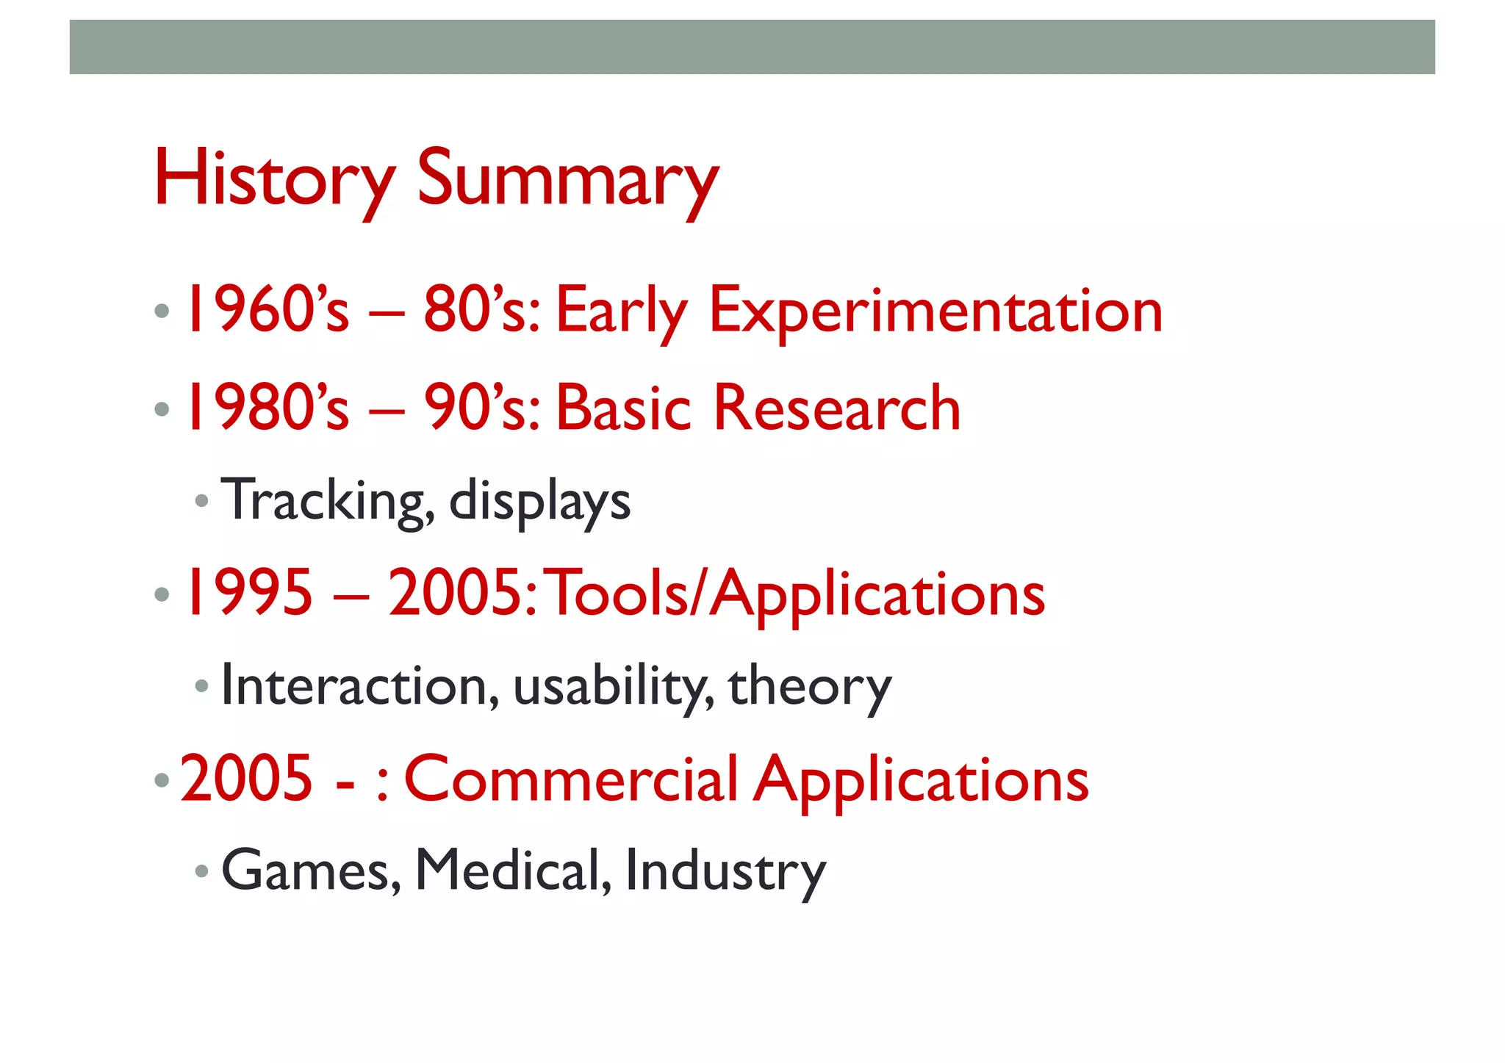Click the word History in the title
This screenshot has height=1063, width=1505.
pyautogui.click(x=274, y=179)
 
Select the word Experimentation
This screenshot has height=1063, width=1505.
pyautogui.click(x=935, y=311)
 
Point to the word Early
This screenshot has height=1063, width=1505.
pyautogui.click(x=621, y=311)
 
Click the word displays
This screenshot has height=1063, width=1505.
pyautogui.click(x=539, y=501)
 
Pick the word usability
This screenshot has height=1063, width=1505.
pyautogui.click(x=613, y=687)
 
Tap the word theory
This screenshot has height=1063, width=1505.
pyautogui.click(x=809, y=687)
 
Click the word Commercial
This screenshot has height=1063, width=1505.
pyautogui.click(x=571, y=779)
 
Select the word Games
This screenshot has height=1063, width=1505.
pyautogui.click(x=311, y=871)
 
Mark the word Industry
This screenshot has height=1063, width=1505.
pyautogui.click(x=725, y=871)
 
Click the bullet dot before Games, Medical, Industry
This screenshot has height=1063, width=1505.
pyautogui.click(x=201, y=872)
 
